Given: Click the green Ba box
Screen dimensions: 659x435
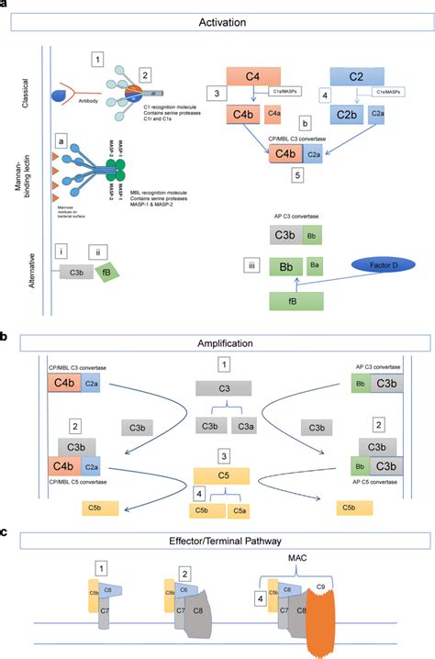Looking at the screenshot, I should (315, 267).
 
